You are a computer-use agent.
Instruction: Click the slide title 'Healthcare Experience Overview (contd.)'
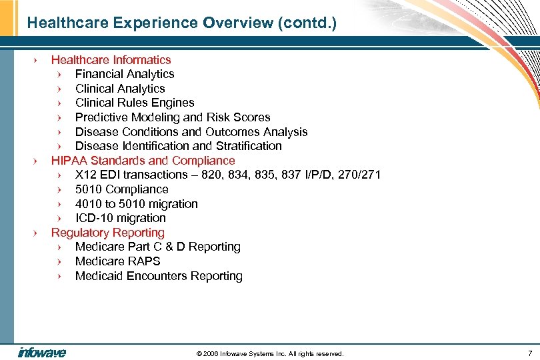[x=182, y=23]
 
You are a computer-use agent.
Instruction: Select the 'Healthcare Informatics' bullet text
[x=111, y=60]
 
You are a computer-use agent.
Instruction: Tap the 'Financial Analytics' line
[x=125, y=74]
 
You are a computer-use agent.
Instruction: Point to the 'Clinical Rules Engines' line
[x=135, y=103]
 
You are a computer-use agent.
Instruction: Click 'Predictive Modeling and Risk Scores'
[x=173, y=117]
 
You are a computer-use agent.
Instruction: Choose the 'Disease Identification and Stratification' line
[x=178, y=146]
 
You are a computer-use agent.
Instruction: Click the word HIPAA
[x=69, y=161]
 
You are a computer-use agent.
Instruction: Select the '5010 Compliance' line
[x=121, y=189]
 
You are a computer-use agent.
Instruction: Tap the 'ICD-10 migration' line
[x=120, y=218]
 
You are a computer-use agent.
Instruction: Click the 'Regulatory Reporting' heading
[x=107, y=233]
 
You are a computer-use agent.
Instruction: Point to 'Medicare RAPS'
[x=117, y=261]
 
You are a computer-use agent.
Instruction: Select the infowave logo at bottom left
[x=41, y=353]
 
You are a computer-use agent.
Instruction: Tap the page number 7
[x=529, y=353]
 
